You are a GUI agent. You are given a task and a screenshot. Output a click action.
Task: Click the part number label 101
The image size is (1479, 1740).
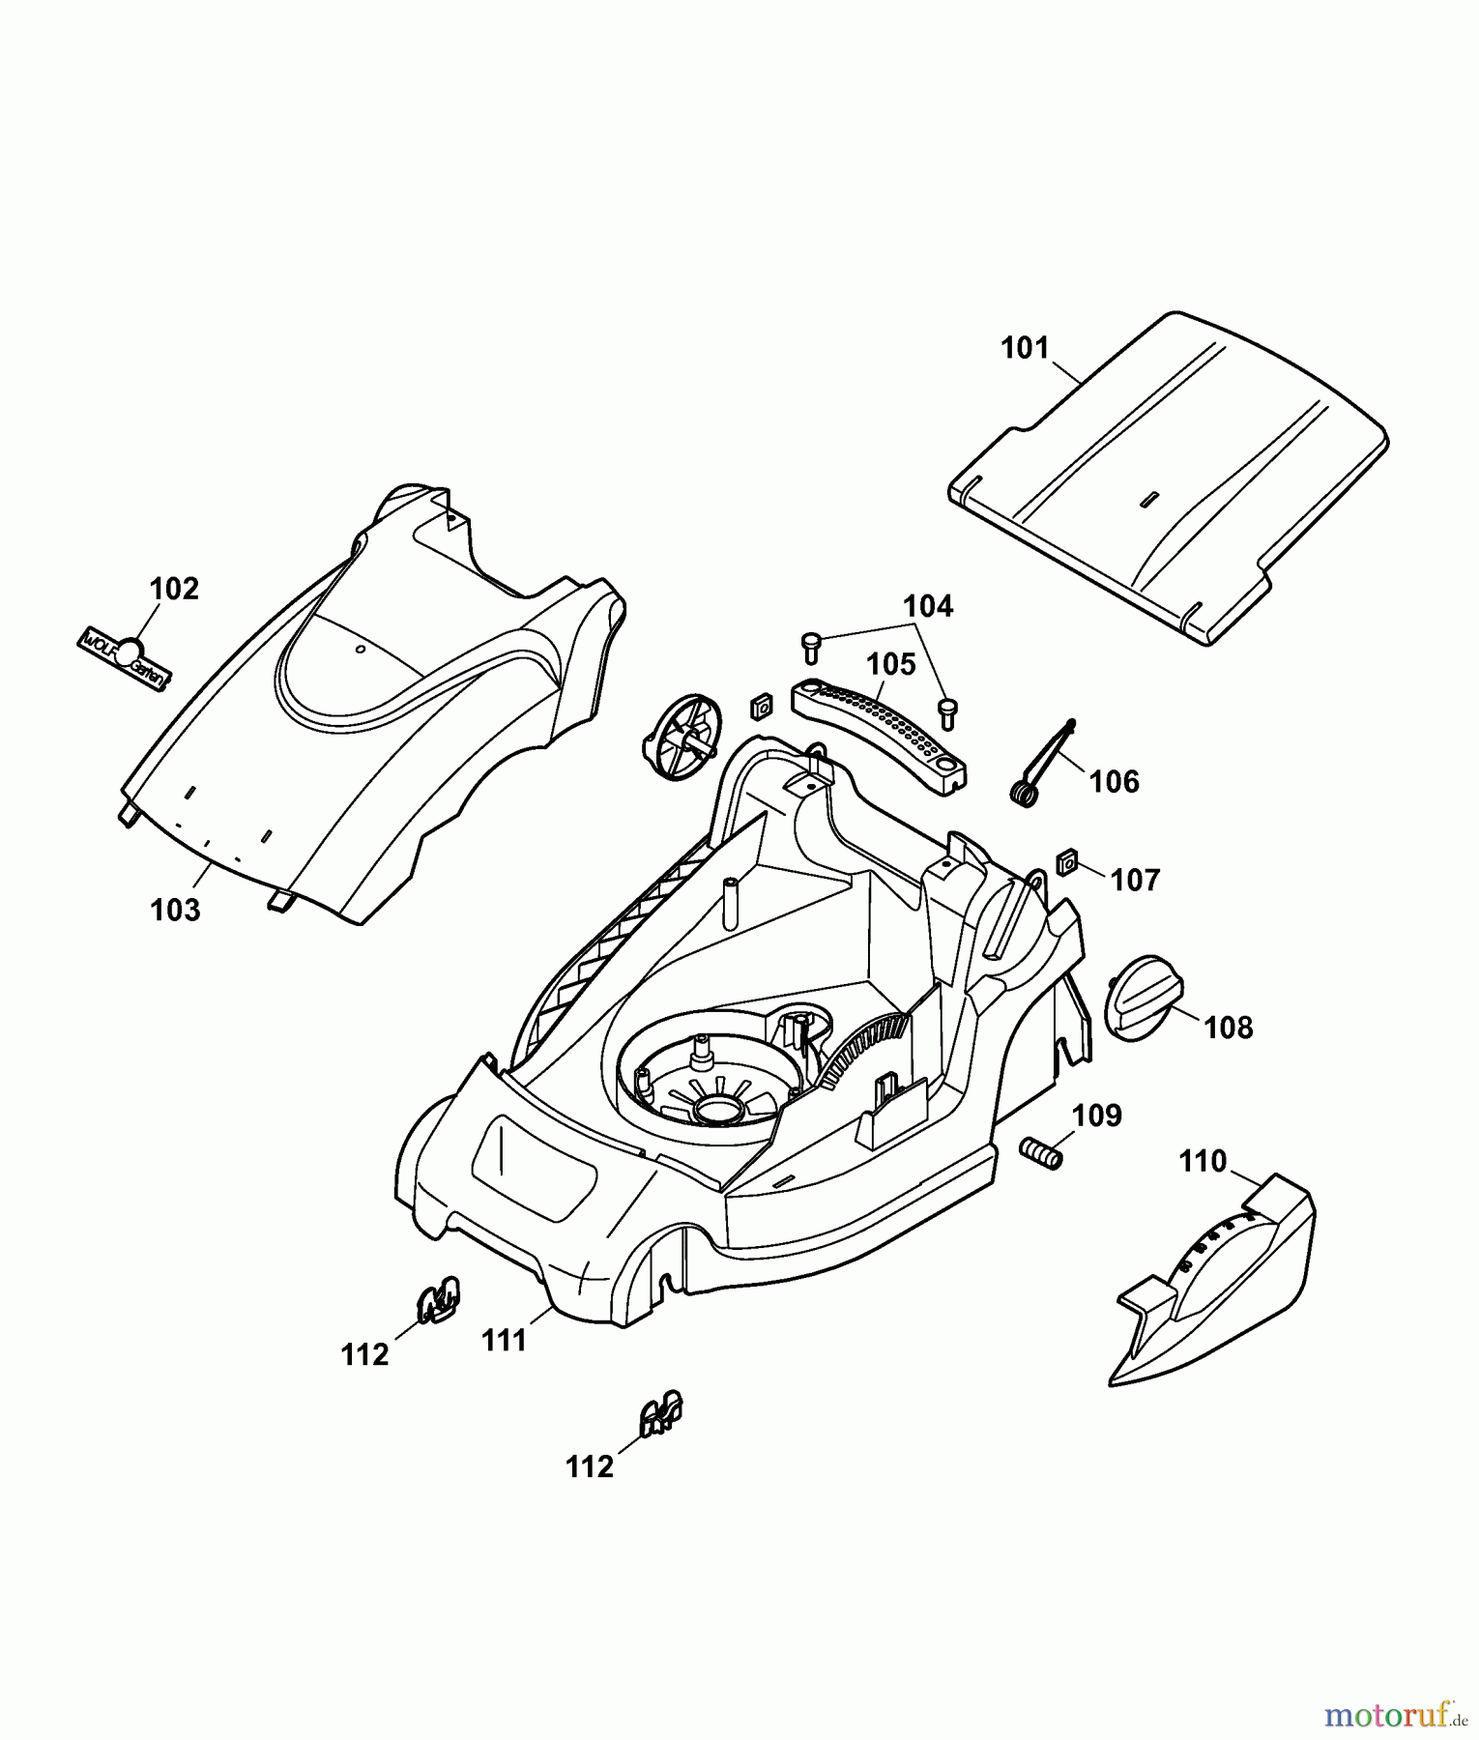(1025, 348)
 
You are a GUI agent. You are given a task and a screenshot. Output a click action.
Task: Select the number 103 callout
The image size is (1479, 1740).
(175, 910)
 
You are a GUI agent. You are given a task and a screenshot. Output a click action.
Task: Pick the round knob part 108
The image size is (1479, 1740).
(1143, 1010)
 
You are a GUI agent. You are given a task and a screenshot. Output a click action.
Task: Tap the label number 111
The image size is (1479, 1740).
(504, 1340)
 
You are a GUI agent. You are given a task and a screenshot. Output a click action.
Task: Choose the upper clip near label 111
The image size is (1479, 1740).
(438, 1298)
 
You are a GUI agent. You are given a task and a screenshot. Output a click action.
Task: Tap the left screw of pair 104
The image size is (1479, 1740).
(811, 645)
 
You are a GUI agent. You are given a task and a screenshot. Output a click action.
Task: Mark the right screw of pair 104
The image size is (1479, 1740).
(947, 712)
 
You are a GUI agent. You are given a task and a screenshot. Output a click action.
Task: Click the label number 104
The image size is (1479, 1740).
(928, 606)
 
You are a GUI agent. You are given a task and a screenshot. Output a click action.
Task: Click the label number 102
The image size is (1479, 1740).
(174, 589)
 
